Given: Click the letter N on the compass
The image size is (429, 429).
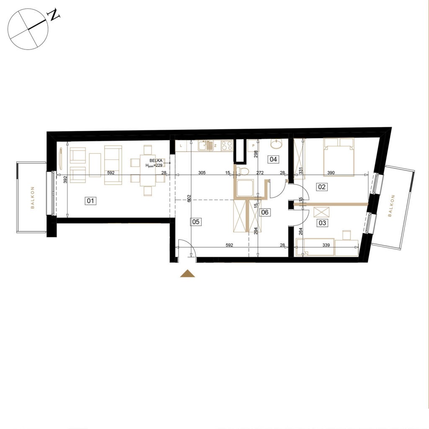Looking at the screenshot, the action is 54,15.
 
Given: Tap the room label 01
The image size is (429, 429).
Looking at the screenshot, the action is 90,201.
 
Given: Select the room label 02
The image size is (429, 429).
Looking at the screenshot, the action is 322,187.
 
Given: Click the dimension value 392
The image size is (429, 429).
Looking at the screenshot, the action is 65,179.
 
